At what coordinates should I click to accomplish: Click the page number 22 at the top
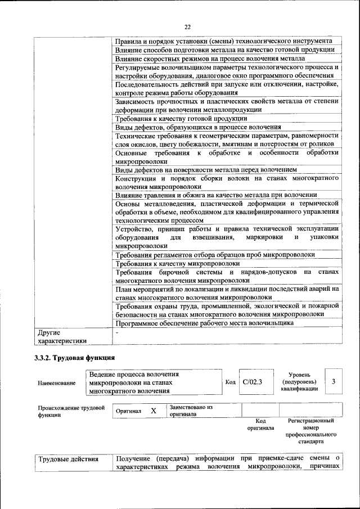187,26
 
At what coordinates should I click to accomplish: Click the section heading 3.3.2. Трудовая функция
75,357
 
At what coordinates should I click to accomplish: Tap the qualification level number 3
334,382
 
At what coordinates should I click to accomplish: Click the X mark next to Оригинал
153,411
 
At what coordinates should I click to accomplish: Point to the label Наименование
56,383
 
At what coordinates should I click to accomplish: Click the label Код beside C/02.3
230,382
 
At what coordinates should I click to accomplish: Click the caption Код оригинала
260,424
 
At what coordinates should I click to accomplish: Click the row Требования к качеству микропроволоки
178,263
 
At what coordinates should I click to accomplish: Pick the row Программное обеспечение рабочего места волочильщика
204,323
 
